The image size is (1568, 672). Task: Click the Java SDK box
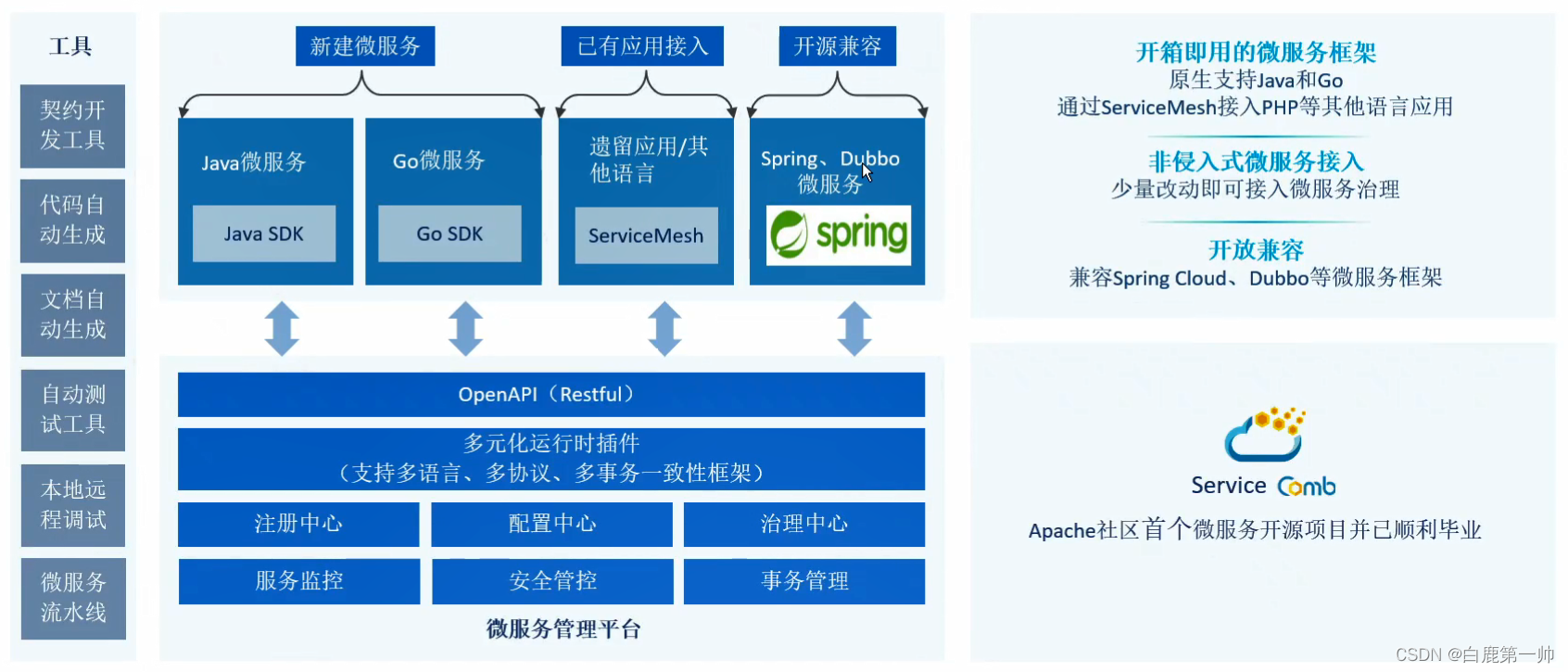[264, 234]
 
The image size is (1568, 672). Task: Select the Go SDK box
[449, 234]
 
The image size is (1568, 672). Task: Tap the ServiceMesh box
[646, 235]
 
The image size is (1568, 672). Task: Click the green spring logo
[839, 235]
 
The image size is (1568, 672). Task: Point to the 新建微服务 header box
[365, 46]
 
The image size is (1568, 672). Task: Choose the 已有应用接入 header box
[642, 46]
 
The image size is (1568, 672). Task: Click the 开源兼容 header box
[838, 46]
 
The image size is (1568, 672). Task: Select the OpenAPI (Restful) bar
[550, 395]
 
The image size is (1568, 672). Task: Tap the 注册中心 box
[298, 525]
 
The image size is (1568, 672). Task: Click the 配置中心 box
[551, 525]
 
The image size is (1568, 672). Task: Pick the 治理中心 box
[803, 525]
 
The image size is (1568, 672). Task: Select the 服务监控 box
[299, 581]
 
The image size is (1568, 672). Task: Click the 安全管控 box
[552, 581]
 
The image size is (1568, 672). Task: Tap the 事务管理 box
[803, 581]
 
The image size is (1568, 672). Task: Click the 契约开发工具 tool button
[72, 126]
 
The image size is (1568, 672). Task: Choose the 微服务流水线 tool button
[73, 598]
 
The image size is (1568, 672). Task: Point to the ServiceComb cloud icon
[1265, 435]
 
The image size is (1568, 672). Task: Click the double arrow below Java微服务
[282, 329]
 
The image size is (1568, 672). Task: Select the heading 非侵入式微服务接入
[1256, 162]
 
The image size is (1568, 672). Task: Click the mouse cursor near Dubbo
[866, 171]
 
